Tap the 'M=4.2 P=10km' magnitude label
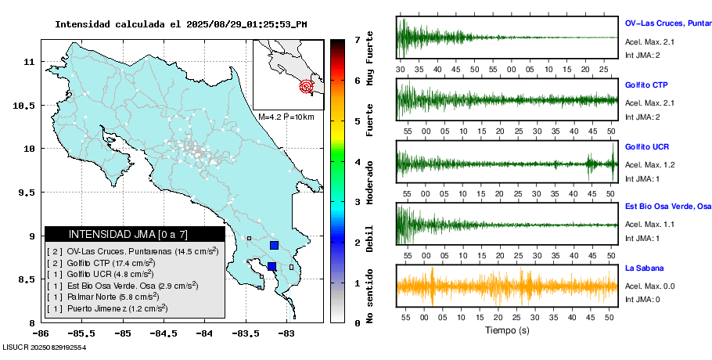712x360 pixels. coord(286,117)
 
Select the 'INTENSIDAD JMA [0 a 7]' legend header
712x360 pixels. coord(135,234)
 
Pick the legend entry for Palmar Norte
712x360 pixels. coord(102,297)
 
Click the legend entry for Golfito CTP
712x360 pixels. coord(102,263)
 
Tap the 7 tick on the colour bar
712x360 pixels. coord(357,39)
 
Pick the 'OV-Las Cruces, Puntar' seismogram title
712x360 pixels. coord(666,23)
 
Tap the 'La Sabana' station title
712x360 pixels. coord(643,268)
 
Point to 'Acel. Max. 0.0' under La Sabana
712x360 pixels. coord(649,286)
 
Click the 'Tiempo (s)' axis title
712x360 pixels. coord(507,330)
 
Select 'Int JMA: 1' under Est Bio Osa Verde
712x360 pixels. coord(642,238)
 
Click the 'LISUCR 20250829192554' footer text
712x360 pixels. coord(45,346)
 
